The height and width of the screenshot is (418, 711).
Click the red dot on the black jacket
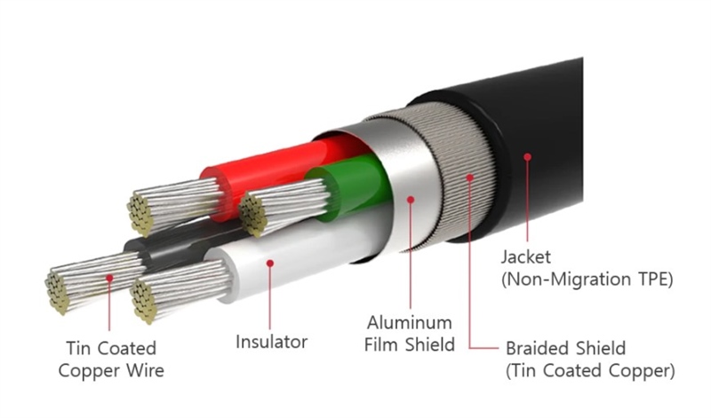click(527, 157)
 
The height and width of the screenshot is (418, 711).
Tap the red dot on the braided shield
click(470, 178)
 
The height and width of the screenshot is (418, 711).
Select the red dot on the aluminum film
click(411, 200)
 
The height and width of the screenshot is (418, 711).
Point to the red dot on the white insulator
click(270, 263)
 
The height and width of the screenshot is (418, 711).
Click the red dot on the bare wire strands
click(109, 278)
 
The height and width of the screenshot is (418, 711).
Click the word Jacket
click(526, 256)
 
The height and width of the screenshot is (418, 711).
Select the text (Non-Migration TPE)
click(587, 279)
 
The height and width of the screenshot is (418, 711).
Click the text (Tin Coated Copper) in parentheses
click(590, 370)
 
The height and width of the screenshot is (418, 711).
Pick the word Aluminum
click(410, 323)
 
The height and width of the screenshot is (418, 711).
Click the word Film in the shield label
click(382, 344)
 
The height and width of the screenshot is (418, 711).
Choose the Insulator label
click(272, 342)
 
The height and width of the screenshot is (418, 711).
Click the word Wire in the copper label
click(145, 370)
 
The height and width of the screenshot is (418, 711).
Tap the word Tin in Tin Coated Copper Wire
click(78, 348)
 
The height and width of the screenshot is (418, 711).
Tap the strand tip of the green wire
click(252, 214)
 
